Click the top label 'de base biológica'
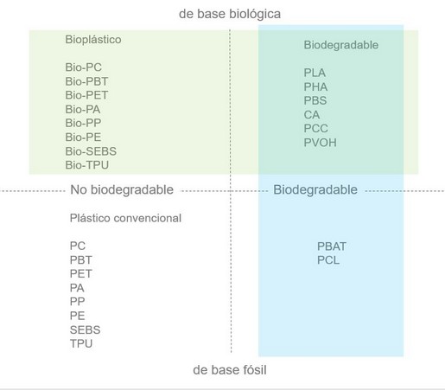230,14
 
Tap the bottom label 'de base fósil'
230,370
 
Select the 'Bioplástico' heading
93,40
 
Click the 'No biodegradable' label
122,190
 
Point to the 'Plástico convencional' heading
125,218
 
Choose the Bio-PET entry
86,95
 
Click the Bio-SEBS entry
91,151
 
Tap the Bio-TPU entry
86,165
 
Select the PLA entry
315,73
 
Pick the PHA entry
315,86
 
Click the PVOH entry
320,143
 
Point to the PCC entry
315,129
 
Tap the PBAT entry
332,246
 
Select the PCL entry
328,260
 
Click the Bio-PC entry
83,67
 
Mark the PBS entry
315,100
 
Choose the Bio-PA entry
83,110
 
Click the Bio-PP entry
83,123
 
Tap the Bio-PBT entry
86,81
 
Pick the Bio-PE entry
83,137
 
